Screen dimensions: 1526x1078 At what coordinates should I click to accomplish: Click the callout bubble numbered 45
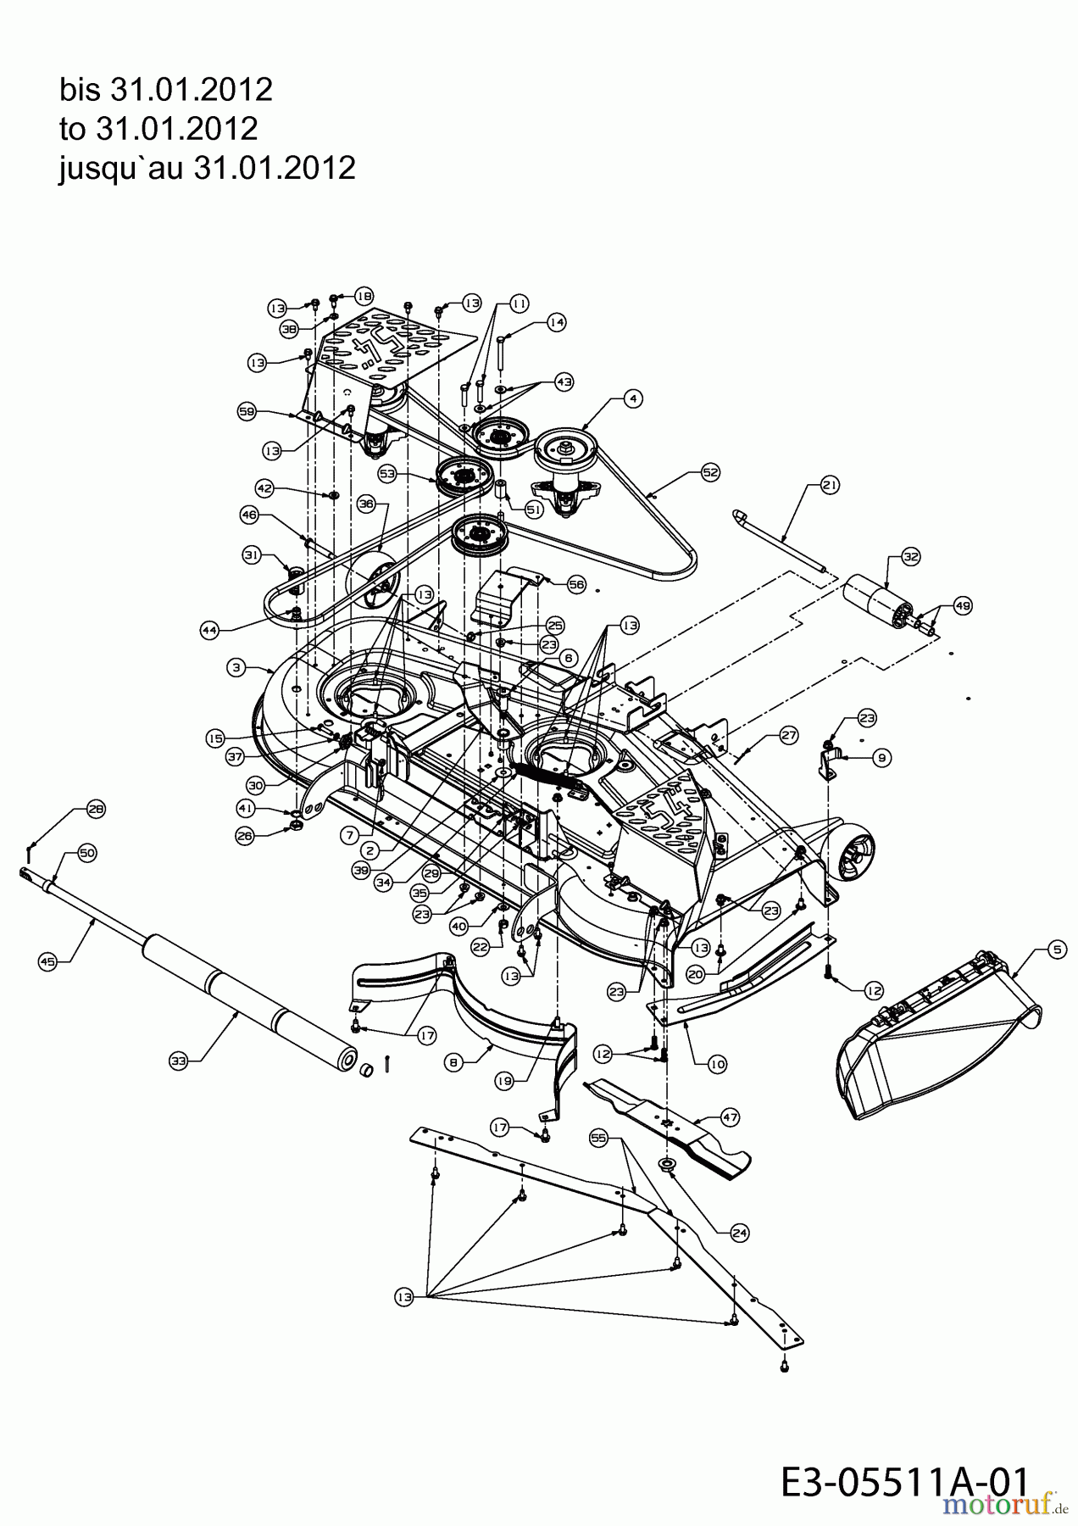pyautogui.click(x=47, y=961)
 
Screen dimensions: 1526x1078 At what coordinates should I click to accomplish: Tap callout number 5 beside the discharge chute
pyautogui.click(x=1056, y=950)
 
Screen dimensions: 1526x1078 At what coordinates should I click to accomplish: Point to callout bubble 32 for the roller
pyautogui.click(x=910, y=557)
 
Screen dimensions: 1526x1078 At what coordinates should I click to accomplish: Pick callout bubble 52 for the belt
pyautogui.click(x=709, y=476)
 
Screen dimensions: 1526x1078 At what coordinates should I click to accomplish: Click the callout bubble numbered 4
pyautogui.click(x=632, y=397)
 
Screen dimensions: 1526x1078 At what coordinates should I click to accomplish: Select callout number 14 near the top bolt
pyautogui.click(x=556, y=322)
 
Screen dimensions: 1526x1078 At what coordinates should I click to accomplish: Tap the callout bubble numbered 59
pyautogui.click(x=247, y=411)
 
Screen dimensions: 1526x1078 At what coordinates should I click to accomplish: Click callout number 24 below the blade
pyautogui.click(x=739, y=1234)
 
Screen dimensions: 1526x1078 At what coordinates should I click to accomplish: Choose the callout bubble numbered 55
pyautogui.click(x=599, y=1140)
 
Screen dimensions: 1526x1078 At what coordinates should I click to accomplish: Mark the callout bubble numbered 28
pyautogui.click(x=96, y=809)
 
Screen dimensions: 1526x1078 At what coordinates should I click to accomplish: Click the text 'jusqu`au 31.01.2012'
pyautogui.click(x=207, y=168)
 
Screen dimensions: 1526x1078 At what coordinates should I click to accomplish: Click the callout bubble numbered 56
pyautogui.click(x=576, y=585)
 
